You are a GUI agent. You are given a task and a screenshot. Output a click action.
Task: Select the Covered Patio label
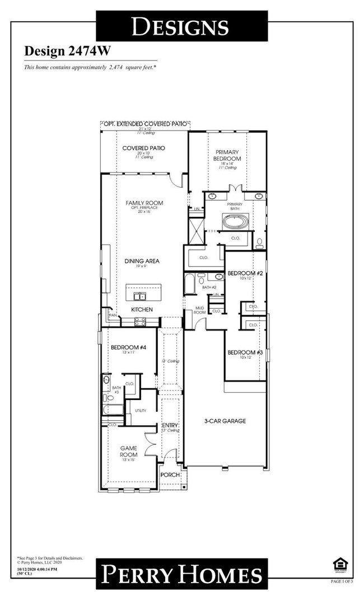point(143,148)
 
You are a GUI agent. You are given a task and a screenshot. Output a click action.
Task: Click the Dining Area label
point(142,261)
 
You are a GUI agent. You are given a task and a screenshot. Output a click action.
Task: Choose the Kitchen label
point(142,309)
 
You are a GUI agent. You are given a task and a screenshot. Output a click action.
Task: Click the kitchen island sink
point(139,296)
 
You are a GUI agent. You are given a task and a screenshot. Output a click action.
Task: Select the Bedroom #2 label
point(245,273)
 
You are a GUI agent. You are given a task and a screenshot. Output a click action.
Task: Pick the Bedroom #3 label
point(245,352)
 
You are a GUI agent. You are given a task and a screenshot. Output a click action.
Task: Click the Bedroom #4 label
point(128,347)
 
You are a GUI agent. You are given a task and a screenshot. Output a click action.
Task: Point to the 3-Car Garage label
point(225,421)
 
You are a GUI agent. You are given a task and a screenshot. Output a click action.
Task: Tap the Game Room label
point(129,452)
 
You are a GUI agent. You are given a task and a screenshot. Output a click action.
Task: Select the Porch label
point(170,475)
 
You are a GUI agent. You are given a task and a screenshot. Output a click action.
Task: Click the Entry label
point(170,426)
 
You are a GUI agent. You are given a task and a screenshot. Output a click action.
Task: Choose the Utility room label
point(140,411)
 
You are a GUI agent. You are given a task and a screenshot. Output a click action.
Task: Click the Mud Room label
point(199,310)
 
